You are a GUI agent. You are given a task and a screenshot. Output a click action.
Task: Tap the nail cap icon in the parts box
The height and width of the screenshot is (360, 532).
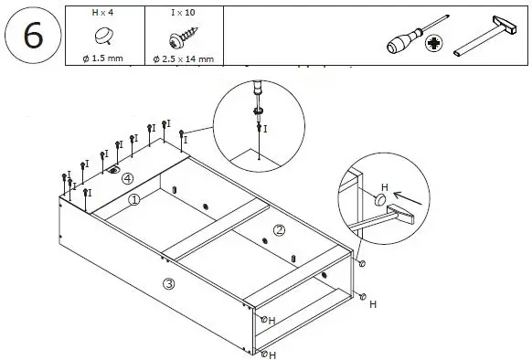coord(102,37)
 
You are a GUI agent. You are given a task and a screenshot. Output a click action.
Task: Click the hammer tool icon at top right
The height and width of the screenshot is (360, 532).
coord(485,42)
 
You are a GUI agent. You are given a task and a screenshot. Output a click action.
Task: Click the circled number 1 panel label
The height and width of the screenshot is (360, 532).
coord(133,199)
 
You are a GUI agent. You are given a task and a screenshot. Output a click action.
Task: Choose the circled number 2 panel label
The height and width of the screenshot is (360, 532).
coord(279,230)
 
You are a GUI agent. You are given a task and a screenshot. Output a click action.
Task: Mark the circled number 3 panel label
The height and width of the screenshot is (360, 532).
coord(168,283)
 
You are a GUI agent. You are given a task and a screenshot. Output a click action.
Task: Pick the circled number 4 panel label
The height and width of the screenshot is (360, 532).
coord(128,178)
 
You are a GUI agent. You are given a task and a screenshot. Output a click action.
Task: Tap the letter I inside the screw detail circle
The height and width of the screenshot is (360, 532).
coord(265,130)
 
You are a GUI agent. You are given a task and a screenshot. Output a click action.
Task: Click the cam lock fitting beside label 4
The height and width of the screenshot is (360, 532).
coord(114,170)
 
